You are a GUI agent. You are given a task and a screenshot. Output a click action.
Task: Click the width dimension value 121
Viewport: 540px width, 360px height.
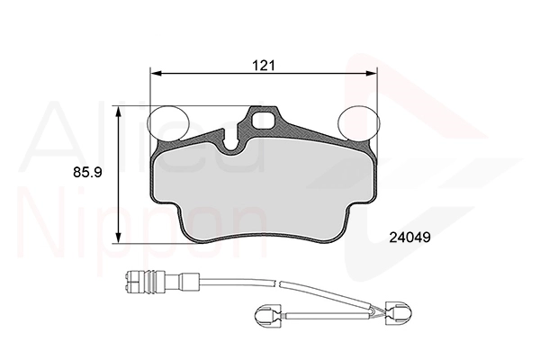[264, 66]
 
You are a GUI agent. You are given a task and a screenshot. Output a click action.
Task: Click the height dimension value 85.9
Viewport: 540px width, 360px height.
[87, 172]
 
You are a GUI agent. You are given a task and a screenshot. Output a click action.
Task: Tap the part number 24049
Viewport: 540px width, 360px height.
[409, 238]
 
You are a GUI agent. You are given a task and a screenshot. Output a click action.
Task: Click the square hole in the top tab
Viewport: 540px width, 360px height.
[264, 121]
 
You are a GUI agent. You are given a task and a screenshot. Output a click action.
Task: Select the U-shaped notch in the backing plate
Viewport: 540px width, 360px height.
[232, 144]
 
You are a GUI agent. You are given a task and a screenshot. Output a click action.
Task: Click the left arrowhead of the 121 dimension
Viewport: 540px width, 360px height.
[157, 74]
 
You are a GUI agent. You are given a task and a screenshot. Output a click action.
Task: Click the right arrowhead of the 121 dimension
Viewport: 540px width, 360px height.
[371, 74]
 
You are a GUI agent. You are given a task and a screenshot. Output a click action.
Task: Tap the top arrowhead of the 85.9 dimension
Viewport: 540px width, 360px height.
[118, 112]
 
